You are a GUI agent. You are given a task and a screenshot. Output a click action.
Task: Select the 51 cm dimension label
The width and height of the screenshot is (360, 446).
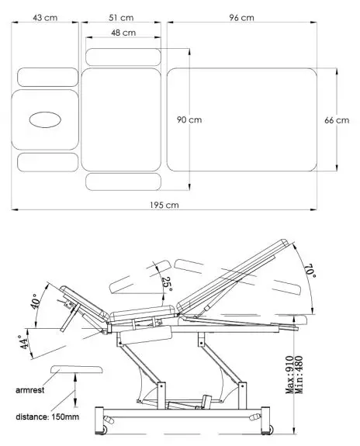point(121,17)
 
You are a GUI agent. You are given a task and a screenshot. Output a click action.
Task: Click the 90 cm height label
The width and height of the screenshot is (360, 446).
point(189,120)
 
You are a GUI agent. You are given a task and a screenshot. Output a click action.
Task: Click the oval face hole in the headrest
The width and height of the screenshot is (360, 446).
point(45,119)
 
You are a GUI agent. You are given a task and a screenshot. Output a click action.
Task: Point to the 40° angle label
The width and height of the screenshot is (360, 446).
point(33,301)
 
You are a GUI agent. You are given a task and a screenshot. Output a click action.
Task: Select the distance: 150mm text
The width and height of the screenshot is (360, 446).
point(47,417)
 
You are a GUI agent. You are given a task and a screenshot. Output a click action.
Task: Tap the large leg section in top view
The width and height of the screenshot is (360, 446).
point(243,119)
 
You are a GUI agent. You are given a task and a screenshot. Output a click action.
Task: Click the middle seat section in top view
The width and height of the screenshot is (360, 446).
point(120,119)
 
